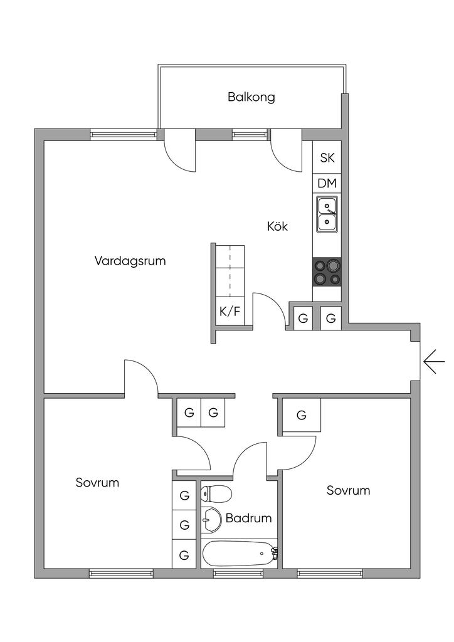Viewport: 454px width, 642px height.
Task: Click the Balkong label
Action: (x=251, y=97)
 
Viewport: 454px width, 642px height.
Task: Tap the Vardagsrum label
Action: (x=130, y=261)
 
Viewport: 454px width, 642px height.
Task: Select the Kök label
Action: (x=277, y=226)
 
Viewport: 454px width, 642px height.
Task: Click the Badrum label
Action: (x=249, y=518)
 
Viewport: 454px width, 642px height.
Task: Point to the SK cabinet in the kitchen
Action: (x=327, y=158)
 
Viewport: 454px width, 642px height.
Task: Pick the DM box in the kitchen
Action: (x=327, y=184)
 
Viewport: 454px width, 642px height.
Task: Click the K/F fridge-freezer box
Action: (x=230, y=311)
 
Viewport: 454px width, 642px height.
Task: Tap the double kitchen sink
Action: (x=327, y=214)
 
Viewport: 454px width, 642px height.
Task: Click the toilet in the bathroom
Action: (x=215, y=495)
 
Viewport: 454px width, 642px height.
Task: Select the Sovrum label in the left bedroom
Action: (x=97, y=483)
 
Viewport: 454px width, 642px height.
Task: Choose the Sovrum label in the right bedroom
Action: (x=348, y=490)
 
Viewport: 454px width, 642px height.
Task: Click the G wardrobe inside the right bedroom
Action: (x=301, y=415)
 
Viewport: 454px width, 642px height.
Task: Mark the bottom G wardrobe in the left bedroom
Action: (x=184, y=555)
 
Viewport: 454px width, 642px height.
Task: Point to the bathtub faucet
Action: (x=273, y=552)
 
